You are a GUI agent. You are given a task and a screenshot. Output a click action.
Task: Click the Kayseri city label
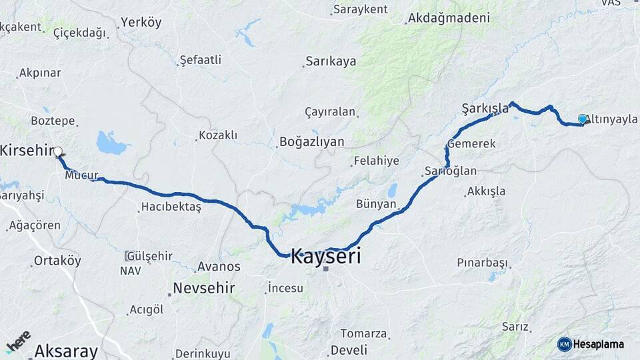point(326,255)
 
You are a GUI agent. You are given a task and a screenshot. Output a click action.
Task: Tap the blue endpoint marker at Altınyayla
point(583,119)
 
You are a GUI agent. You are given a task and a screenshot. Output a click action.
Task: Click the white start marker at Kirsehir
point(58,151)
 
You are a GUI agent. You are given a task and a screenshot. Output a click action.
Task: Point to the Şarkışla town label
point(485,108)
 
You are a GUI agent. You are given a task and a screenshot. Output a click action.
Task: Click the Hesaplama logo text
point(598,344)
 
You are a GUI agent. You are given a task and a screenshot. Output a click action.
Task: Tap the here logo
point(18,341)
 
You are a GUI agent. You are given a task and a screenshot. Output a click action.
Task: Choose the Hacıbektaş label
point(171,207)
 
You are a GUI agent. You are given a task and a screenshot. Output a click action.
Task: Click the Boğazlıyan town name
point(311,141)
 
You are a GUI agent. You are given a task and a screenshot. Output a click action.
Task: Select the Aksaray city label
point(65,351)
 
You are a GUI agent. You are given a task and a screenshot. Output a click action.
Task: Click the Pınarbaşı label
point(482,263)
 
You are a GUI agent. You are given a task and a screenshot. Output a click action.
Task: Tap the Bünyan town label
point(376,204)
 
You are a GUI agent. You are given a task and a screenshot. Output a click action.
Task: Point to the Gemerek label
point(471,143)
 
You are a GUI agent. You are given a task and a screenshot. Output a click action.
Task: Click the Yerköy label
point(141,23)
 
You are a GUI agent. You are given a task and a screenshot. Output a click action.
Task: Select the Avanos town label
point(218,267)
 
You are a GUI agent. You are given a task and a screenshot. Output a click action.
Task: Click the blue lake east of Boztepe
point(111,143)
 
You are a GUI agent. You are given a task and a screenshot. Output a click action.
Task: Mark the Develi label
point(349,350)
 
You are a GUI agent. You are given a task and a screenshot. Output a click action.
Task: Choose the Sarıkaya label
point(331,61)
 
